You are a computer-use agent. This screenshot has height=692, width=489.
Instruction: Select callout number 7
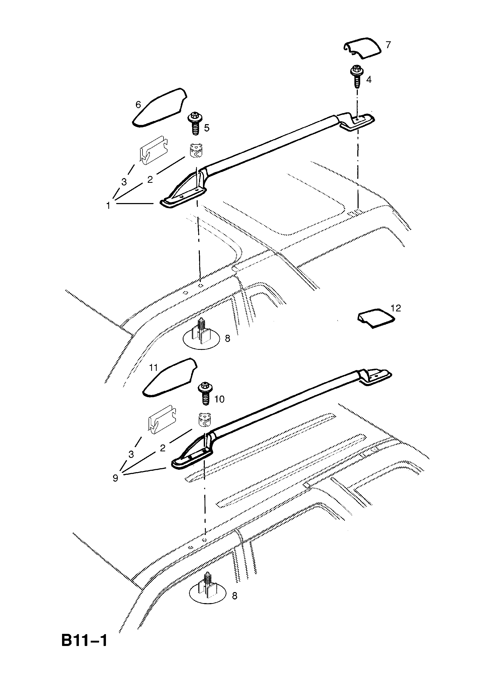[388, 45]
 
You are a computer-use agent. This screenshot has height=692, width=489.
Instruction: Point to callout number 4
[369, 80]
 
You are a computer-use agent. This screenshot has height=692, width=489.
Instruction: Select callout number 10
[219, 399]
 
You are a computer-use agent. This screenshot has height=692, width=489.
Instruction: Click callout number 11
[153, 367]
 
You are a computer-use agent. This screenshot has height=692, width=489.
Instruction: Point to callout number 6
[138, 105]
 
